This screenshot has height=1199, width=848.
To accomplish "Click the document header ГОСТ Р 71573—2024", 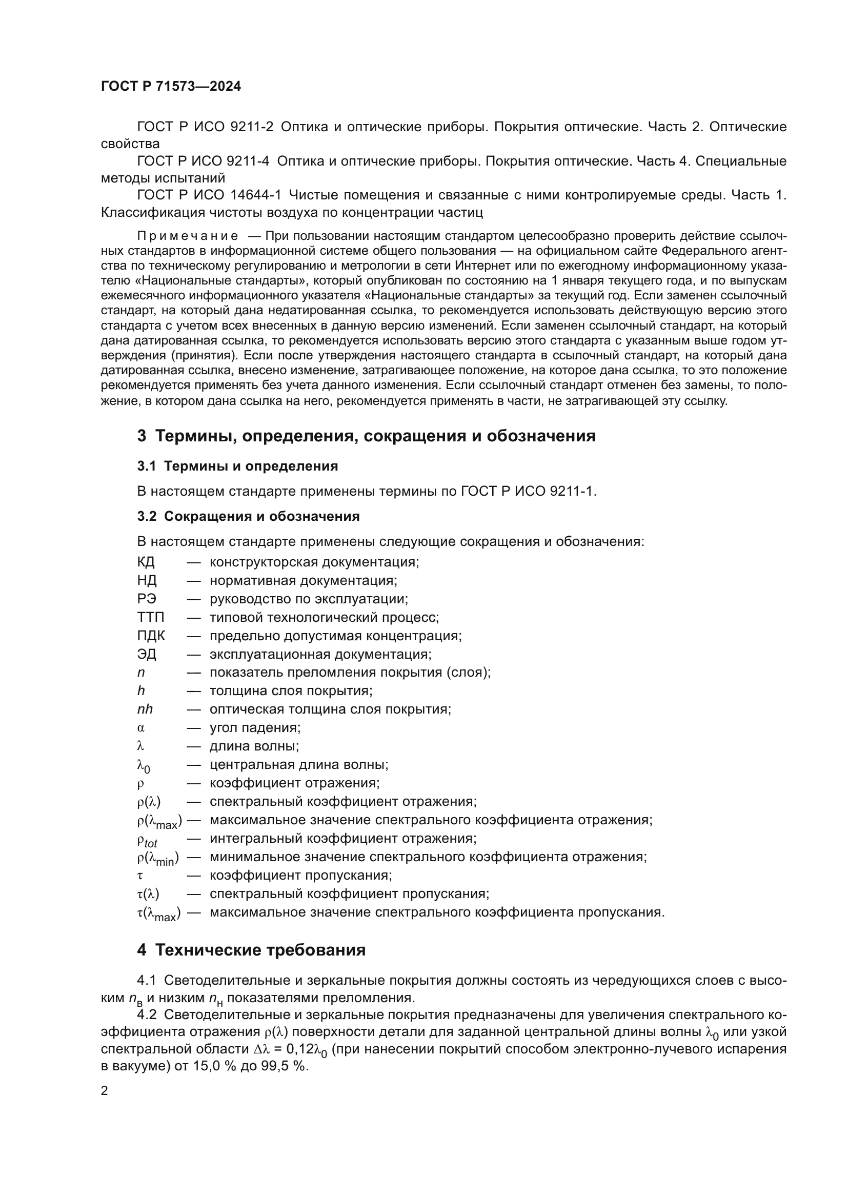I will click(x=171, y=87).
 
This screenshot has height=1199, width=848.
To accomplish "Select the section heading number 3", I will click(x=142, y=436).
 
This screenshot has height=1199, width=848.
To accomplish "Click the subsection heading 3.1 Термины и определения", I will click(x=237, y=466).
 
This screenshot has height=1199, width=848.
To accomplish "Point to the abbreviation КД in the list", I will click(x=146, y=562).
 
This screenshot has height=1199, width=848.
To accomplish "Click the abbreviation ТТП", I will click(x=150, y=617).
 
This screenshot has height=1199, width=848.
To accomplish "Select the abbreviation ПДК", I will click(x=151, y=636).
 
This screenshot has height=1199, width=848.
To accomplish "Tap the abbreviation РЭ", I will click(x=146, y=599).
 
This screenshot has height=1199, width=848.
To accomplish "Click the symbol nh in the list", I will click(x=145, y=709).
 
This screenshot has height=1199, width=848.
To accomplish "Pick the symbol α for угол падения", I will click(x=140, y=728).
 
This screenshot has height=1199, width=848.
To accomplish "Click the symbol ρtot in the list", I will click(x=147, y=840).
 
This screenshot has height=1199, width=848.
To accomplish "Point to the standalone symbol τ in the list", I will click(x=140, y=876).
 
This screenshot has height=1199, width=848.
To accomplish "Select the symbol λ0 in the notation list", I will click(x=143, y=766).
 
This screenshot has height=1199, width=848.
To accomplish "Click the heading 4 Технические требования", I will click(x=251, y=950).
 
